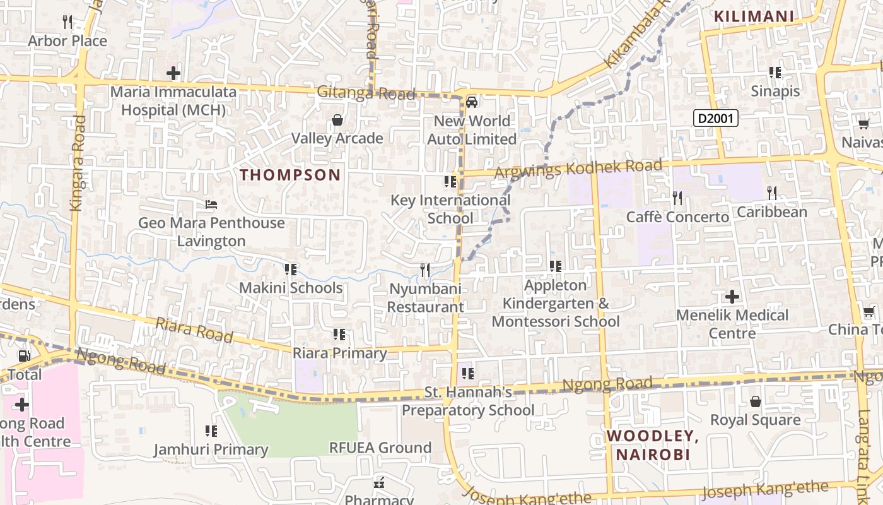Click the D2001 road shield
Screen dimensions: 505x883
click(x=716, y=118)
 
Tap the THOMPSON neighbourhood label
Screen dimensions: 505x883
click(x=290, y=175)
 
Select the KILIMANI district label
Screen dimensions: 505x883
click(x=753, y=16)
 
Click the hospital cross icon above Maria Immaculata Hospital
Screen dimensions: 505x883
click(x=173, y=73)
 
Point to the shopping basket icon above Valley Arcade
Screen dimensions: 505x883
click(x=337, y=120)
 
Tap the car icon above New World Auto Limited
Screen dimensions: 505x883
click(x=472, y=102)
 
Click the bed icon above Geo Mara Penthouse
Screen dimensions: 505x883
click(x=211, y=205)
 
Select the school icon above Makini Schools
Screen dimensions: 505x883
click(x=290, y=270)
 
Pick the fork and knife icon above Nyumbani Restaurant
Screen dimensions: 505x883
click(x=425, y=270)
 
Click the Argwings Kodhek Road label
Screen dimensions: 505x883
click(x=579, y=169)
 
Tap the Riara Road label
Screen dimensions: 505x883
click(x=194, y=330)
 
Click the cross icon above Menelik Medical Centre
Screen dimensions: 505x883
click(x=732, y=296)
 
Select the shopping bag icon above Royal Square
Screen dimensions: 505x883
click(x=755, y=401)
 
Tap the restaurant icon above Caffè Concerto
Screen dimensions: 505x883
click(x=677, y=198)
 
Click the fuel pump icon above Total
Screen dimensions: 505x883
click(x=25, y=356)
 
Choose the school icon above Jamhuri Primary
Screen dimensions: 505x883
click(x=211, y=431)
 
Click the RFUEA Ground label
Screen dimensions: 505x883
click(x=380, y=448)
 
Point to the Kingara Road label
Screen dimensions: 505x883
click(x=77, y=162)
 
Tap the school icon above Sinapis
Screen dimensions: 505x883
click(x=775, y=73)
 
